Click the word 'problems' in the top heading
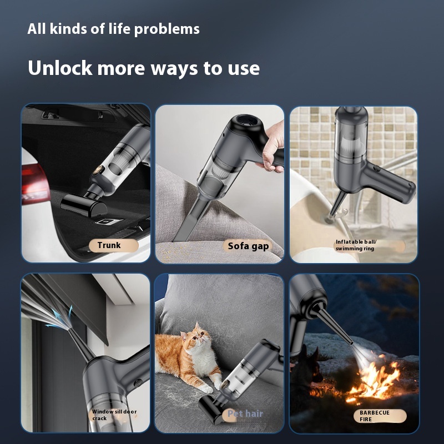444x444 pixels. tap(167, 29)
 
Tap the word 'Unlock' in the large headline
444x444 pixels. tap(60, 68)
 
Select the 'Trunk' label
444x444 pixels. tap(109, 245)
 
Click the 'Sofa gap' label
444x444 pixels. tap(248, 246)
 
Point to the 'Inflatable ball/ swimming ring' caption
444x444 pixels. tap(356, 245)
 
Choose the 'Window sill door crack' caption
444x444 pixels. tap(114, 415)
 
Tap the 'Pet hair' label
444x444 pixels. tap(245, 413)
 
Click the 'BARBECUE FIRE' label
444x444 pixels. tap(374, 416)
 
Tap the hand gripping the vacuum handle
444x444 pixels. tap(272, 147)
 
